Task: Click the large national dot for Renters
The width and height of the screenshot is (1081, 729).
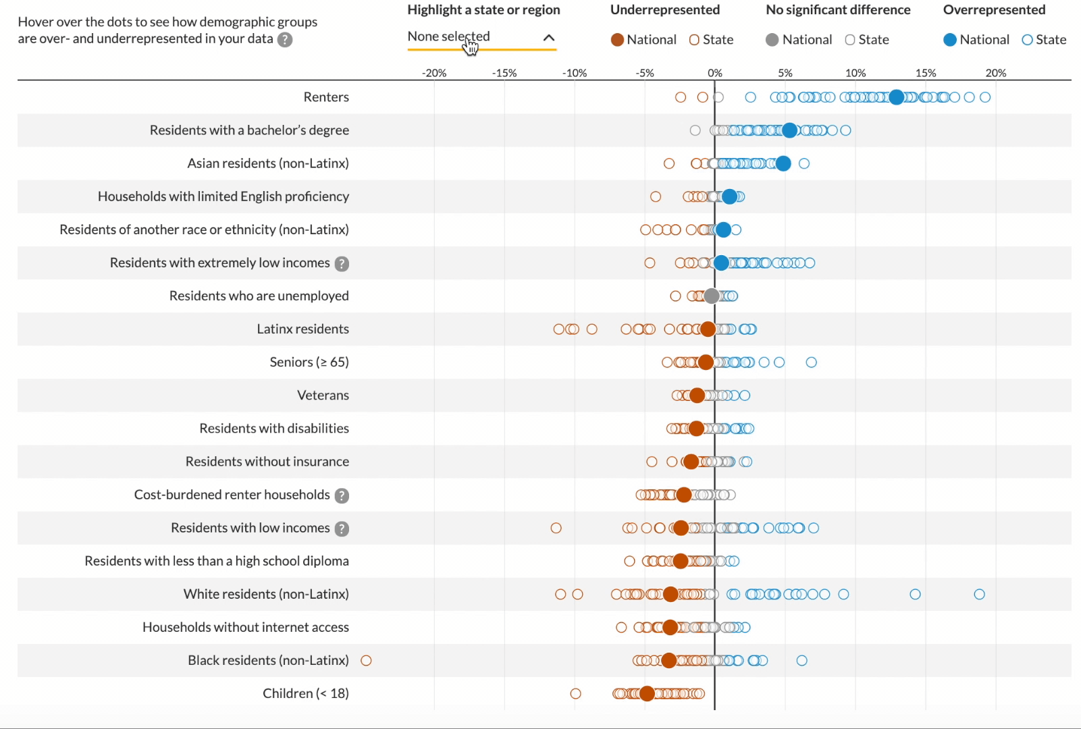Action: click(896, 97)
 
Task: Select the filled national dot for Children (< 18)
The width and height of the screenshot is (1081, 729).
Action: click(647, 693)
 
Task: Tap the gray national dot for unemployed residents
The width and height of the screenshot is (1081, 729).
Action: click(712, 296)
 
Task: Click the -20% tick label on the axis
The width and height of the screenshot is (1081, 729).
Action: click(434, 73)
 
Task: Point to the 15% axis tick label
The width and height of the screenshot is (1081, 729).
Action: click(926, 73)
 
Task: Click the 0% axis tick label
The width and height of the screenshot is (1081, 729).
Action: click(715, 73)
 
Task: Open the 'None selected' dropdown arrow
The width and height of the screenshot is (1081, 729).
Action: click(549, 38)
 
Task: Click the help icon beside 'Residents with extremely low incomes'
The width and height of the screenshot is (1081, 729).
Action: click(342, 264)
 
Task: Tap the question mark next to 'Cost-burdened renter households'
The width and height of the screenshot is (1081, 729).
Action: click(342, 495)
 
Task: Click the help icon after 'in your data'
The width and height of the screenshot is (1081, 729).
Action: click(286, 40)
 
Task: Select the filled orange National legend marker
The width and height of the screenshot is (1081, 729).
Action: click(617, 40)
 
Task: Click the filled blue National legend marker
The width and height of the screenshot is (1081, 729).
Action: click(950, 40)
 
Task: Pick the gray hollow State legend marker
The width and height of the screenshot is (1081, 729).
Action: click(850, 40)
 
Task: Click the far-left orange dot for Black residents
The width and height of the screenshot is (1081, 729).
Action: click(367, 660)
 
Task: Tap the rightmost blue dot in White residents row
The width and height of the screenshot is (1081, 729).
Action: click(979, 594)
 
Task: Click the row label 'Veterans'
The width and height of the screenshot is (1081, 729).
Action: click(323, 396)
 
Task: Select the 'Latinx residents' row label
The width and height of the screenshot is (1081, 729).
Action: click(302, 329)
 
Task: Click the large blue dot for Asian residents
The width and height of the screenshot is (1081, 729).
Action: click(783, 163)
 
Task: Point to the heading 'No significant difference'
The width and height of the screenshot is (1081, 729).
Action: click(838, 10)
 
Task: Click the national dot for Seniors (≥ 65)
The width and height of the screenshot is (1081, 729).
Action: click(706, 362)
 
